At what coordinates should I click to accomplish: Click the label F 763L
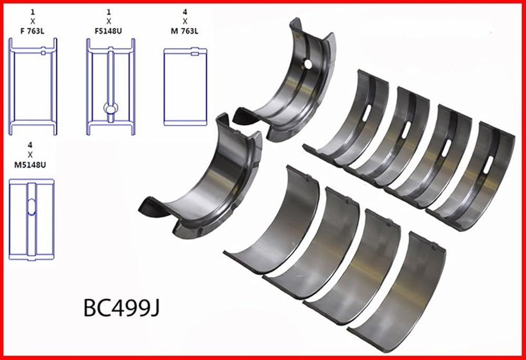[x=33, y=31]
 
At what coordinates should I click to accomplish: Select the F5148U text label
[x=108, y=31]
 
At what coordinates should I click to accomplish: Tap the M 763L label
[x=185, y=31]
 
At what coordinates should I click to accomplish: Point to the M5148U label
[x=30, y=165]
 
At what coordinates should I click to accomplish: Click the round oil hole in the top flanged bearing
[x=307, y=64]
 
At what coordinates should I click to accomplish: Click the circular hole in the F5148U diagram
[x=110, y=108]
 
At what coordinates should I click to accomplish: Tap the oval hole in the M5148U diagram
[x=31, y=206]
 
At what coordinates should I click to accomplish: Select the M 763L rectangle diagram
[x=185, y=87]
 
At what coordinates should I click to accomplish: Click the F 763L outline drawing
[x=33, y=86]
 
